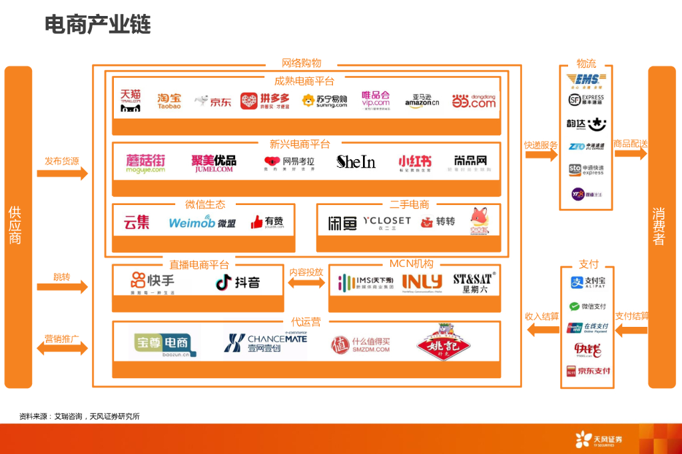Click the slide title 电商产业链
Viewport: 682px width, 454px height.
tap(97, 25)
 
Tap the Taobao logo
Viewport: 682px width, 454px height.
tap(169, 101)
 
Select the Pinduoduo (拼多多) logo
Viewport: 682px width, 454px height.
tap(264, 101)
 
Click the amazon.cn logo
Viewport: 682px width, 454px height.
tap(421, 101)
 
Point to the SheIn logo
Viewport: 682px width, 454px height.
tap(356, 162)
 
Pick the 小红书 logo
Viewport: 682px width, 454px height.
tap(414, 162)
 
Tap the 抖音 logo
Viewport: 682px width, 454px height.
tap(238, 282)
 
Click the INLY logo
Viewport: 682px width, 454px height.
tap(422, 282)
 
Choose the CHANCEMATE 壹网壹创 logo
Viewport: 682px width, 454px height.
tap(265, 342)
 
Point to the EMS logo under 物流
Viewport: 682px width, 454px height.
tap(586, 81)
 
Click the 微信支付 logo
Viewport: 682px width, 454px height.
tap(587, 307)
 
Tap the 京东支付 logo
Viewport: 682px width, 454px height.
tap(587, 371)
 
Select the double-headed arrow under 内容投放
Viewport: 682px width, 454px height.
tap(306, 284)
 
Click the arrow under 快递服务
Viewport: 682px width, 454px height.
tap(541, 155)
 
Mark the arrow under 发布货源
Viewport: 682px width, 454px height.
tap(62, 173)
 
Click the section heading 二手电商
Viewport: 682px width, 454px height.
tap(409, 204)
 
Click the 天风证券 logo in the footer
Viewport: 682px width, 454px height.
tap(599, 439)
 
